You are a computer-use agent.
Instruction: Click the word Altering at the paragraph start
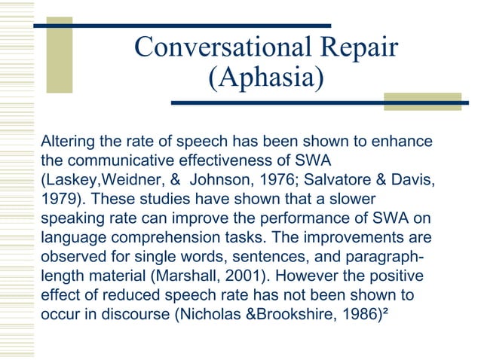point(64,142)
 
